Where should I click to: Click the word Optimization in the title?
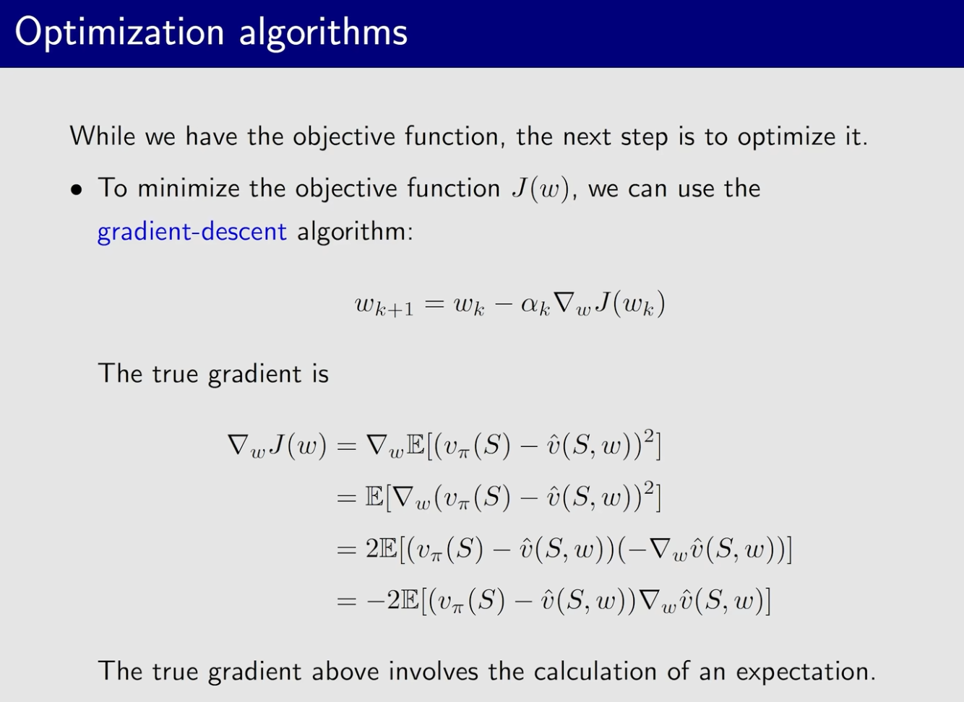coord(120,33)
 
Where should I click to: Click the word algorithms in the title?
coord(323,33)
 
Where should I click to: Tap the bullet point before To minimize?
coord(76,190)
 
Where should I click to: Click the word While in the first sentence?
coord(103,136)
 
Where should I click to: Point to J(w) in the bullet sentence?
coord(541,189)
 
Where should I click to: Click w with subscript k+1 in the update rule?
coord(384,305)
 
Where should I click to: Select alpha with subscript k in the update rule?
coord(535,305)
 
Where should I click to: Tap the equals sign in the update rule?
coord(434,304)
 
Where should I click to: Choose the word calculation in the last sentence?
coord(595,671)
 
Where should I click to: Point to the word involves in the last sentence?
coord(434,671)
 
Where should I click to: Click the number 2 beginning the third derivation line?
coord(372,550)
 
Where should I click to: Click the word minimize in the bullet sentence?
coord(188,189)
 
